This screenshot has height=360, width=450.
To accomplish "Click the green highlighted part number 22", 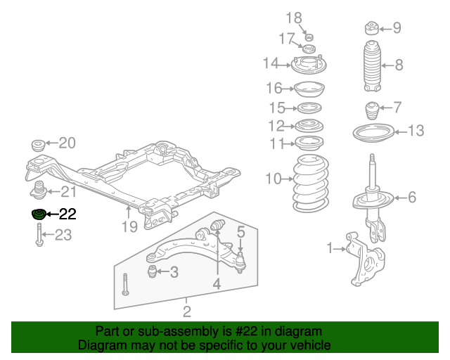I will pyautogui.click(x=38, y=214).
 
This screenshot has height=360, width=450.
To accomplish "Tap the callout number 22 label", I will pyautogui.click(x=67, y=214).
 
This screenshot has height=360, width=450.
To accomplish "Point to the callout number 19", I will pyautogui.click(x=129, y=226).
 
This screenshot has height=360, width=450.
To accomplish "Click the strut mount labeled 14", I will pyautogui.click(x=307, y=66).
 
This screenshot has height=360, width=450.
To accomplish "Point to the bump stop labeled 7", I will pyautogui.click(x=371, y=111).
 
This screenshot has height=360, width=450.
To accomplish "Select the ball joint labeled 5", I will pyautogui.click(x=240, y=262).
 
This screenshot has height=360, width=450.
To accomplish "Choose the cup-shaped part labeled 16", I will pyautogui.click(x=307, y=89).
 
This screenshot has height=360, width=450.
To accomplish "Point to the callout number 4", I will pyautogui.click(x=217, y=285).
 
